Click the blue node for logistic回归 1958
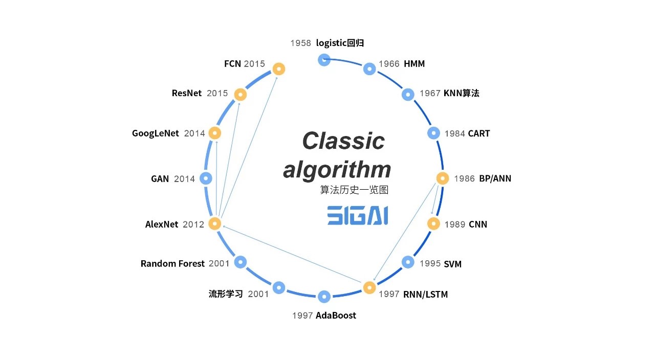(x=324, y=60)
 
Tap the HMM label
(x=414, y=64)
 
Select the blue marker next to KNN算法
(x=408, y=94)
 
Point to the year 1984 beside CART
(x=454, y=133)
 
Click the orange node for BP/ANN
(x=443, y=178)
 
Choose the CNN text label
(x=478, y=224)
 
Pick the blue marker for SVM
(x=408, y=262)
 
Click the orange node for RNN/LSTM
(x=369, y=287)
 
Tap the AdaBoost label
(x=336, y=316)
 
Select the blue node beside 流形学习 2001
(x=278, y=287)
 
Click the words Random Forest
(x=172, y=264)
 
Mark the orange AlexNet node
(x=215, y=223)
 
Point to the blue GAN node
(x=206, y=178)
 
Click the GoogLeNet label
(x=156, y=133)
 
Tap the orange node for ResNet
(x=240, y=94)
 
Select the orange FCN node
(x=278, y=69)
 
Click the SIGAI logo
(x=357, y=215)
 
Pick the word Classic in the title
(x=343, y=141)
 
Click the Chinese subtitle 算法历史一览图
(x=354, y=190)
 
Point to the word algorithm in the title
(x=337, y=169)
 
